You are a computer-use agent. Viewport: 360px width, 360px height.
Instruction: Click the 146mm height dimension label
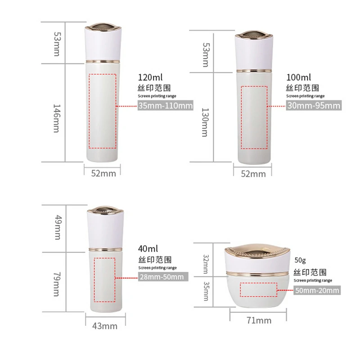(x=57, y=118)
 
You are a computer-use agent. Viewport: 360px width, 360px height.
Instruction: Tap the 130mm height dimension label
(x=205, y=122)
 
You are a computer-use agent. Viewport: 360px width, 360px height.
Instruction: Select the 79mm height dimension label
(x=57, y=284)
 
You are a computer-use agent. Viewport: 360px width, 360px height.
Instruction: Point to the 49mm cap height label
(x=58, y=228)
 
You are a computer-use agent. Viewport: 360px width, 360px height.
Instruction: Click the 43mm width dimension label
(x=105, y=326)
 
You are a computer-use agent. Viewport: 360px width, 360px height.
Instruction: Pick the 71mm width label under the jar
(x=259, y=320)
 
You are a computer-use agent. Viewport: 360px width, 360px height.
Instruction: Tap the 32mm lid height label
(x=206, y=264)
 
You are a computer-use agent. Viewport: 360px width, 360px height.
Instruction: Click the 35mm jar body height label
(x=206, y=291)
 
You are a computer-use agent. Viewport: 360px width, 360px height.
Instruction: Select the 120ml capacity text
(x=150, y=77)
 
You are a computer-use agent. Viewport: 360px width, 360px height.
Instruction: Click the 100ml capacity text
(x=298, y=77)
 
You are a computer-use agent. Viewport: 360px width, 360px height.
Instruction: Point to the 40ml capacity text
(x=148, y=249)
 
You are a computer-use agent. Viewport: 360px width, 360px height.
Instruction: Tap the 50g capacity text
(x=300, y=261)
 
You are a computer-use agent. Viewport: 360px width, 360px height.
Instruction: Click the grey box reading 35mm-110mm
(x=165, y=105)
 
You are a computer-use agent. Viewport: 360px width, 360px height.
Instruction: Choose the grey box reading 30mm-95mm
(x=314, y=105)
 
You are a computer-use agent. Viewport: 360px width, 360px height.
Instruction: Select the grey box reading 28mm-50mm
(x=163, y=277)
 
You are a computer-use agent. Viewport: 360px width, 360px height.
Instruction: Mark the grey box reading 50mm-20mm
(x=317, y=290)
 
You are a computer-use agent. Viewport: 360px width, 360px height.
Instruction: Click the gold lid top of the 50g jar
(x=257, y=251)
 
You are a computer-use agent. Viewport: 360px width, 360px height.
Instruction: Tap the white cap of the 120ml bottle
(x=103, y=45)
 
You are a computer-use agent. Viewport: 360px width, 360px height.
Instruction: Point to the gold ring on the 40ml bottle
(x=105, y=250)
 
